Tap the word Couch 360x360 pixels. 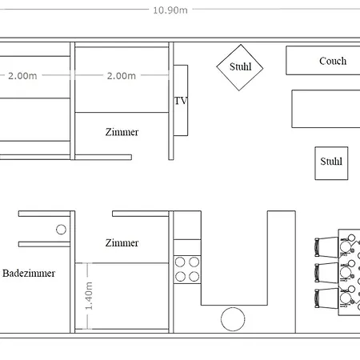[x=332, y=61]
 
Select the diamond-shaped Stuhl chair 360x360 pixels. [x=240, y=66]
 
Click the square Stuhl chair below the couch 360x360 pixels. [x=330, y=162]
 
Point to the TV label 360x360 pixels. [x=180, y=101]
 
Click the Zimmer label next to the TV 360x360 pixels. [x=121, y=133]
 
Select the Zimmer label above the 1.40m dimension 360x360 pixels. [x=121, y=242]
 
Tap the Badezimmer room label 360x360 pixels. [x=29, y=274]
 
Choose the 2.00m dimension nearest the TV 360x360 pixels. [x=121, y=76]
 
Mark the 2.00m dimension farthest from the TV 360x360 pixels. [x=22, y=76]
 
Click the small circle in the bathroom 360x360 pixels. [x=61, y=230]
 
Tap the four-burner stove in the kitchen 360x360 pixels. [x=186, y=269]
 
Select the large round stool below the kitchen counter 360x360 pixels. [x=233, y=318]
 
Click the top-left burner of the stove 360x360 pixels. [x=180, y=261]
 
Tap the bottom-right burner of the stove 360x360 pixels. [x=194, y=276]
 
